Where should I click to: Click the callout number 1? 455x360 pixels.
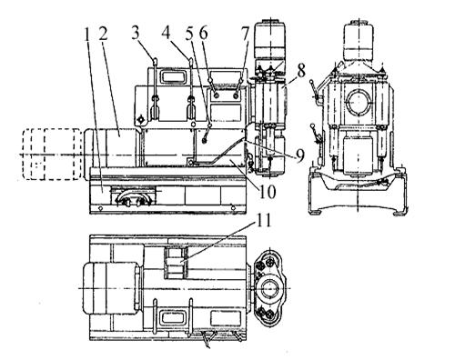coord(87,35)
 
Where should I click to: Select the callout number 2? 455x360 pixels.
coord(103,35)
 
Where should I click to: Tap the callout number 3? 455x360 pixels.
coord(136,33)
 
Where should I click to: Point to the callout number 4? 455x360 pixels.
coord(167,33)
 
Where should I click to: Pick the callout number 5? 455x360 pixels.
coord(189,33)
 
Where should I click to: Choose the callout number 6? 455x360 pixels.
coord(203,33)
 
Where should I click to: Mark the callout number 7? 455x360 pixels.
coord(245,33)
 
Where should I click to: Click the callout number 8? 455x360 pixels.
coord(301,72)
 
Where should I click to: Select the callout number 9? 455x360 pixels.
coord(299,155)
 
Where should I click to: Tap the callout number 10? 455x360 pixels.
coord(267,191)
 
